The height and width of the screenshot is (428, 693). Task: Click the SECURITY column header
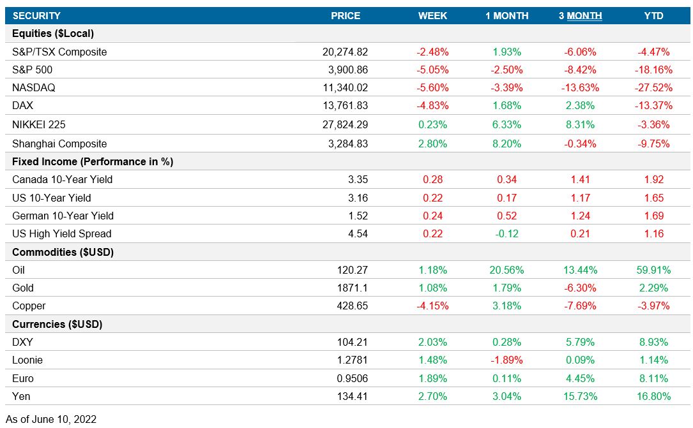click(36, 16)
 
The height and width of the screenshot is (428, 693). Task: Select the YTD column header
click(653, 16)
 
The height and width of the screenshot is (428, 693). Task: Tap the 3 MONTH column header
click(580, 16)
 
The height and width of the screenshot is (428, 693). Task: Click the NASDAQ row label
click(33, 88)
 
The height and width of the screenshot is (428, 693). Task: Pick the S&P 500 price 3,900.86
click(346, 70)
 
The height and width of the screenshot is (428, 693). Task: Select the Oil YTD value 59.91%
click(653, 270)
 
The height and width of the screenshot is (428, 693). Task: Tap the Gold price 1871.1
click(352, 288)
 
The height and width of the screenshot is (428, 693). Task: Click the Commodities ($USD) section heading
click(63, 252)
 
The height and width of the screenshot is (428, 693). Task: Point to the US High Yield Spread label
click(61, 234)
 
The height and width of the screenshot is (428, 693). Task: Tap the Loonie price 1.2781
click(352, 360)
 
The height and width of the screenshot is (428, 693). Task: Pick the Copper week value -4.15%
click(432, 306)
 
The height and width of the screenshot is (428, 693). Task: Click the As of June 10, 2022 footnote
click(51, 419)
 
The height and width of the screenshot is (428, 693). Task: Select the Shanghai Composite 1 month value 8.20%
click(506, 144)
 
